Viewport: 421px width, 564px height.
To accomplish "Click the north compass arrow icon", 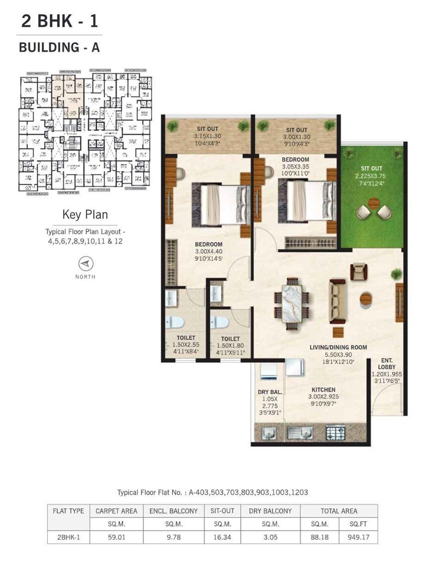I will point(86,264).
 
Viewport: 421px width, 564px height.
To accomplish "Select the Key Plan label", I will point(85,215).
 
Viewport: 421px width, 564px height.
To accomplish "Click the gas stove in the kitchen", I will point(335,432).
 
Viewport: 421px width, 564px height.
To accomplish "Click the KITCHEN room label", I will point(324,390).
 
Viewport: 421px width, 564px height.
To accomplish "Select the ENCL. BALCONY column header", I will point(173,511).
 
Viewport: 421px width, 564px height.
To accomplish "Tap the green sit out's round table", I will point(374,203).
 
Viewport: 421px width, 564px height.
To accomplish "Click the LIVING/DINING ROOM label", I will point(338,347).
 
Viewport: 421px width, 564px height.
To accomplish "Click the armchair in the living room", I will point(359,271).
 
